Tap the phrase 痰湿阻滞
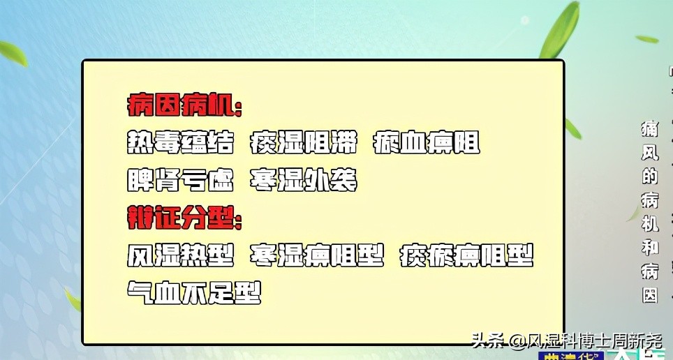click(x=304, y=144)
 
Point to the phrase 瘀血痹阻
click(x=427, y=144)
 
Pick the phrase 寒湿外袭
click(x=304, y=181)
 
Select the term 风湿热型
click(x=180, y=255)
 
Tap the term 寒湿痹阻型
click(x=317, y=255)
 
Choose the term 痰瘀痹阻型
click(x=466, y=255)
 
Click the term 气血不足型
click(x=194, y=292)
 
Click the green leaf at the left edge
click(x=13, y=52)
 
